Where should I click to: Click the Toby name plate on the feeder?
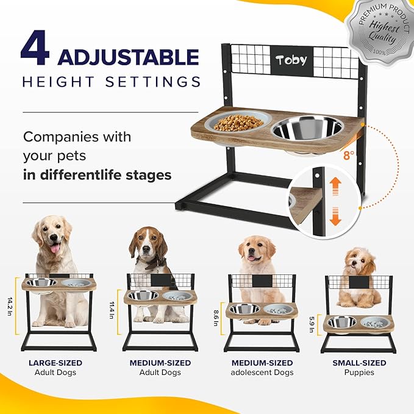291,60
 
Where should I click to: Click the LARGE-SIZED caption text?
55,363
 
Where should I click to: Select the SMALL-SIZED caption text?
359,363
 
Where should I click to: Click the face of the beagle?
145,244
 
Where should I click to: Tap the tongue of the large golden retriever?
55,248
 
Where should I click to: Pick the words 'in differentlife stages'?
98,175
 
